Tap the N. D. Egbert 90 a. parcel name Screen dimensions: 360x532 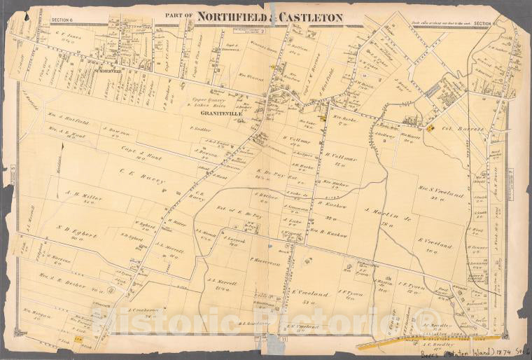click(x=72, y=229)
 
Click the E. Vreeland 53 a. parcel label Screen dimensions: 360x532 click(x=310, y=296)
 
